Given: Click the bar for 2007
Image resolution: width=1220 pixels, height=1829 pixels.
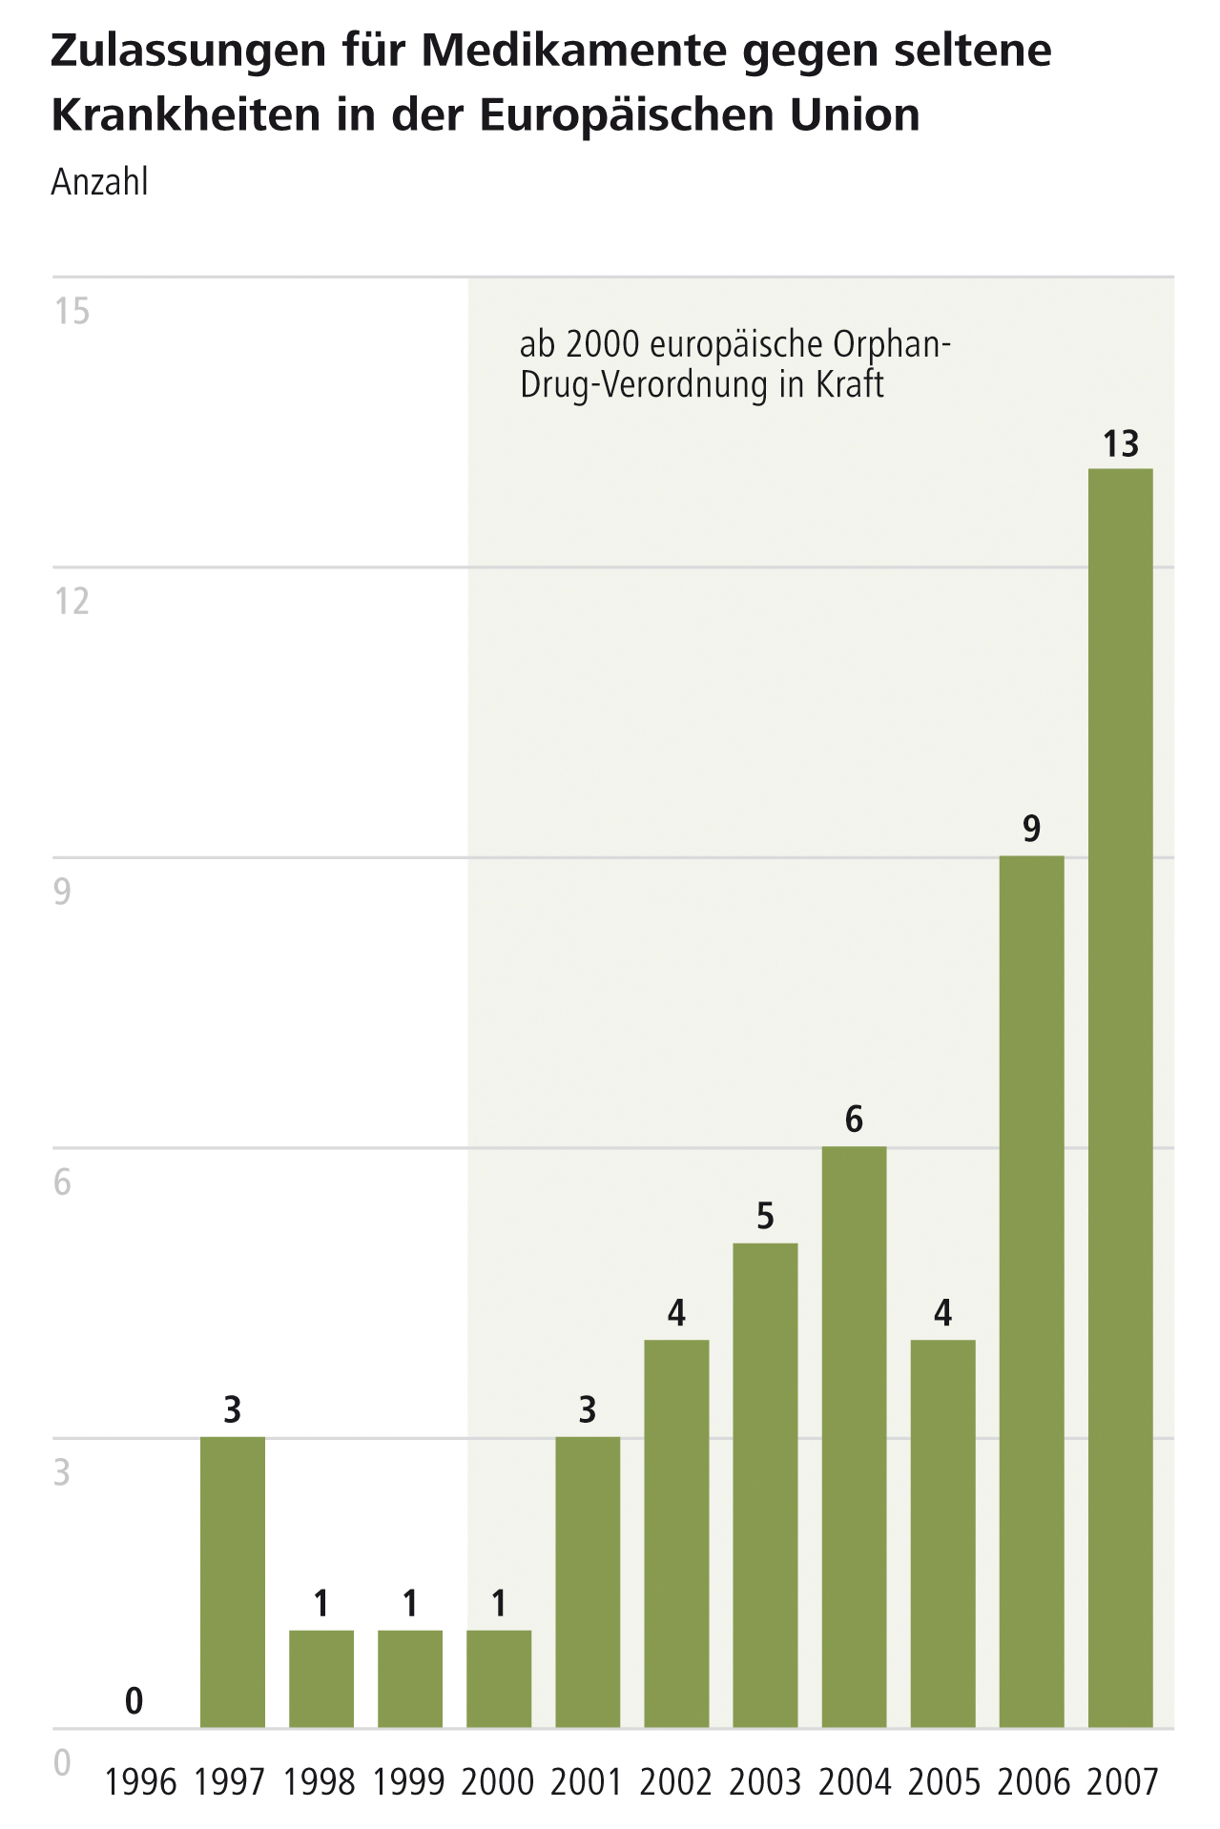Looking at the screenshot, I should pos(1120,1098).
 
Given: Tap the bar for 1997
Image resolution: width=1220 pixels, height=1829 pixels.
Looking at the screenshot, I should pos(232,1582).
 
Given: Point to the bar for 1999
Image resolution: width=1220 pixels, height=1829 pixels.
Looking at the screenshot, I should pos(410,1678).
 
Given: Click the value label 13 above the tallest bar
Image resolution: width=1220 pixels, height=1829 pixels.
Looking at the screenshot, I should pos(1121,444).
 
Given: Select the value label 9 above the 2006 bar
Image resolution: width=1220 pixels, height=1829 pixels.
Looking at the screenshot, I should pos(1031,830).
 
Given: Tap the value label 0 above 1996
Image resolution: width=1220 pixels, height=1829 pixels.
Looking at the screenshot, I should pos(134,1700).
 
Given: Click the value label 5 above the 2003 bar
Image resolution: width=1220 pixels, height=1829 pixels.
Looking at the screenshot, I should pos(765,1217).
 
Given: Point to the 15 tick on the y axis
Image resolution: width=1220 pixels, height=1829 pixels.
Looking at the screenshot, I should pos(72,311).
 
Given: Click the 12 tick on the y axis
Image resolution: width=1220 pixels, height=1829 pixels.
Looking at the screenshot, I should pos(72,602).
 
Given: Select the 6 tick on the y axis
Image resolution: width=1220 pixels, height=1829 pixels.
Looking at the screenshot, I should pos(62,1182).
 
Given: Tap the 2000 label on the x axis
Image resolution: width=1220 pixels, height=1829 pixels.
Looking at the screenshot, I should pos(498,1781).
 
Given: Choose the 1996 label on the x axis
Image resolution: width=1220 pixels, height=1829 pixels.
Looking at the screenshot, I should pos(141,1781).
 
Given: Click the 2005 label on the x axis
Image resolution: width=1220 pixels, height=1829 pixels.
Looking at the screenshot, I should pos(943,1781).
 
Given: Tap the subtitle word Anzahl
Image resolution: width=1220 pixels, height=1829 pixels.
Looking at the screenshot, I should pos(99,181).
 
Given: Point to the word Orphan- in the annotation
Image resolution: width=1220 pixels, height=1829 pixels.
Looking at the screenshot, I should pos(892,344).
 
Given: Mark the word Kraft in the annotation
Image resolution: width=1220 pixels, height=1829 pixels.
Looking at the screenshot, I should pos(849,384).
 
